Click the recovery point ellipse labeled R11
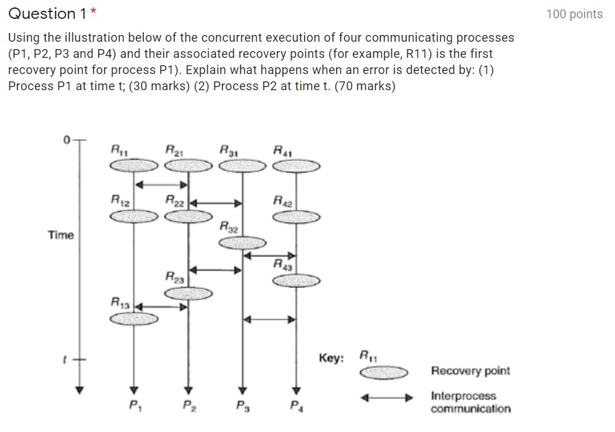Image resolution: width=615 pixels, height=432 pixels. coord(134,166)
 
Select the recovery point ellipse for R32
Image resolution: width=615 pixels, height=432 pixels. coord(243,243)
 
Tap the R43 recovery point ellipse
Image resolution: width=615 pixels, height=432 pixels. coord(296,280)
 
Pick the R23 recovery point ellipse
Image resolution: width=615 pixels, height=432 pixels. coord(188,293)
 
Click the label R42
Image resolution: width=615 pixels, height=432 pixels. coord(282,200)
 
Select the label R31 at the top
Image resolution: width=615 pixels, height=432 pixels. coord(229,149)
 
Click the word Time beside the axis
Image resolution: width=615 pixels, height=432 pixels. coord(60,235)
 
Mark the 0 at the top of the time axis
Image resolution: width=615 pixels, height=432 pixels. coord(67,140)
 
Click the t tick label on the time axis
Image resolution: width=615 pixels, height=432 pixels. coord(66,359)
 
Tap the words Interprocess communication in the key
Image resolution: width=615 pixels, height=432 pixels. coord(470,402)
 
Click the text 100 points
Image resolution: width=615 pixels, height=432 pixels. coord(574,14)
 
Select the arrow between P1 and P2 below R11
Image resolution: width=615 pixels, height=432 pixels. coord(161,183)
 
